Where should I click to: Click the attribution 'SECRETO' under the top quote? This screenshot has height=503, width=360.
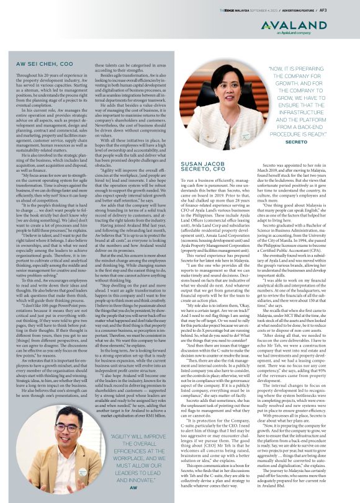(304, 141)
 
